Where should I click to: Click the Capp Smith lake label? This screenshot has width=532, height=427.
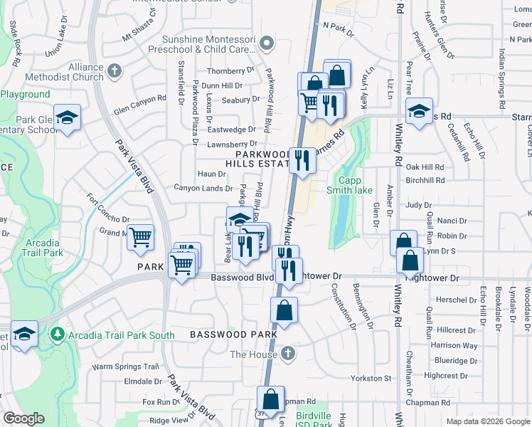click(349, 185)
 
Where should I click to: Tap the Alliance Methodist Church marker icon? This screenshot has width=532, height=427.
click(116, 72)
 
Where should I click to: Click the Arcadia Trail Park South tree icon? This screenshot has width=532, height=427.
click(57, 334)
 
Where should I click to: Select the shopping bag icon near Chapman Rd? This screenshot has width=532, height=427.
click(271, 399)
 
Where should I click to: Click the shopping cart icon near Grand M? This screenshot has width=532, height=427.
click(141, 236)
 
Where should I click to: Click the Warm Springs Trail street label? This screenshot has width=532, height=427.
click(125, 367)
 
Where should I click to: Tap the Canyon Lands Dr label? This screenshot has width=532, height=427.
click(203, 189)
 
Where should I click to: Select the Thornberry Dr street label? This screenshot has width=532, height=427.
click(230, 71)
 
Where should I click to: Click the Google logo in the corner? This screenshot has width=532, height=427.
click(23, 418)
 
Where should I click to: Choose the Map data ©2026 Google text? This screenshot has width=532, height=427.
click(487, 421)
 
